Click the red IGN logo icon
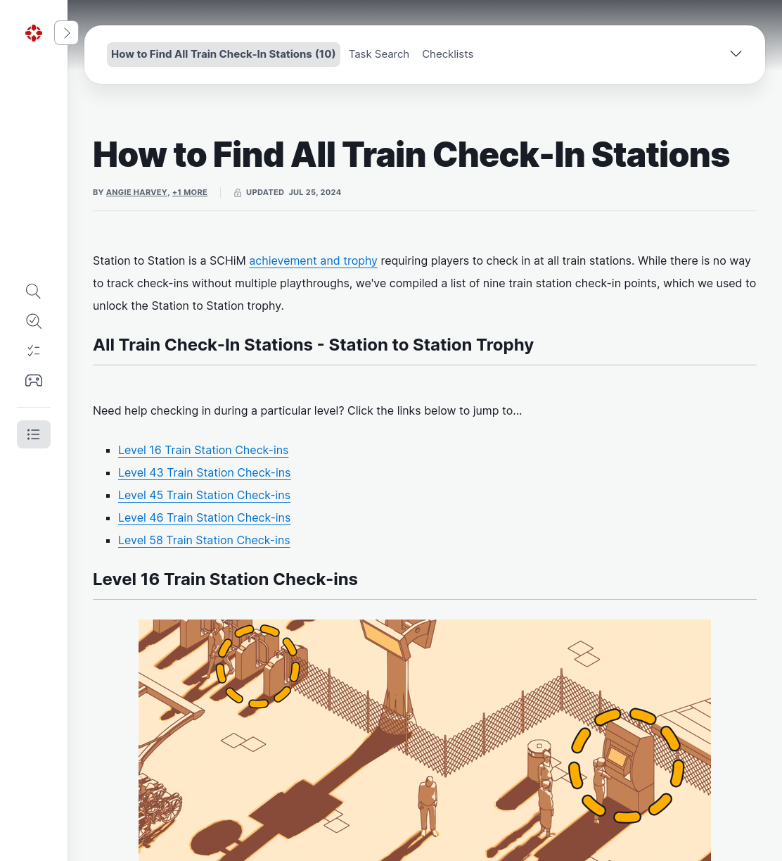click(x=34, y=33)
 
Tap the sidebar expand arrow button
click(x=66, y=32)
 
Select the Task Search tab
click(x=378, y=54)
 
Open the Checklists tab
click(x=447, y=54)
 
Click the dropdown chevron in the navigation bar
click(x=736, y=54)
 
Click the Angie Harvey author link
click(x=136, y=192)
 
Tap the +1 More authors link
click(x=189, y=192)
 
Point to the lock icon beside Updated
click(x=238, y=193)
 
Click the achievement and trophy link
click(x=313, y=261)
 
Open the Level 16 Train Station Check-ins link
click(x=203, y=451)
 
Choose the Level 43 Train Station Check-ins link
click(x=204, y=472)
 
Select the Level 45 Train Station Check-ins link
click(x=204, y=496)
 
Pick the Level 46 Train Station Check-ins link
click(x=204, y=517)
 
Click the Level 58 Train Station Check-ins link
click(x=204, y=541)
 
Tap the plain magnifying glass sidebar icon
click(x=34, y=291)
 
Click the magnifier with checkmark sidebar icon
click(x=34, y=321)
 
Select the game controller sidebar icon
click(x=34, y=380)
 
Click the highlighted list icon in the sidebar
click(x=34, y=434)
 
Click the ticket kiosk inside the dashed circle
click(x=629, y=762)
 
